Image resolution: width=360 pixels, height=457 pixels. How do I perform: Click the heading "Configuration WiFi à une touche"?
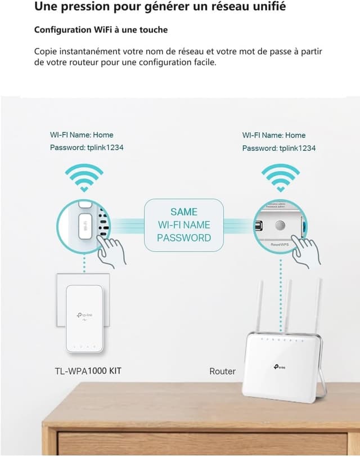(x=101, y=29)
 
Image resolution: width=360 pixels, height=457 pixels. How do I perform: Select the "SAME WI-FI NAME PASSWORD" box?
(x=184, y=225)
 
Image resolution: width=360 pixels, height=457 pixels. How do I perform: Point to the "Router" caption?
(x=222, y=371)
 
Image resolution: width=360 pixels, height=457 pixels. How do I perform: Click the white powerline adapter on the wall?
(x=84, y=318)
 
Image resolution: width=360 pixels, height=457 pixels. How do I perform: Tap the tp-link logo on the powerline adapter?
(x=84, y=316)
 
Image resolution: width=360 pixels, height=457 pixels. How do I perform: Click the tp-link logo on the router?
(x=279, y=366)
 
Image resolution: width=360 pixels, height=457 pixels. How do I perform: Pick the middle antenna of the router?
(x=287, y=304)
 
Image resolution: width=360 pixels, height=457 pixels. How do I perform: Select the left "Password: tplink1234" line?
(x=87, y=148)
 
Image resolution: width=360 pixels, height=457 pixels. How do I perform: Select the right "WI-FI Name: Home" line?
(x=274, y=135)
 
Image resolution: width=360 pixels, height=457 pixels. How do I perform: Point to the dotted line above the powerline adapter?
(x=84, y=264)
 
